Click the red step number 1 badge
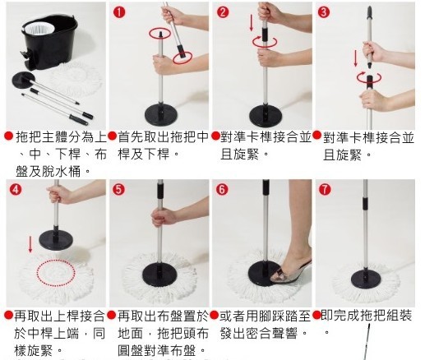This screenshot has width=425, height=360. (119, 12)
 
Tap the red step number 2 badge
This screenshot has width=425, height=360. (223, 12)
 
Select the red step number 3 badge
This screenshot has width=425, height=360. (323, 12)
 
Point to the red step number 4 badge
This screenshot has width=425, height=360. (16, 189)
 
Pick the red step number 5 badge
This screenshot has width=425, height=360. (118, 189)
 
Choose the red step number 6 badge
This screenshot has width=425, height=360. (222, 189)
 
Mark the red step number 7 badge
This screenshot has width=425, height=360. (325, 189)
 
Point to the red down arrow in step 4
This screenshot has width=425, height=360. (30, 244)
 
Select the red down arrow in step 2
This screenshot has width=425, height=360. (252, 23)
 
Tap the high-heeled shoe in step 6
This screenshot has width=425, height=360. (290, 272)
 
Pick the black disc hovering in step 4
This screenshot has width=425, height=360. (56, 240)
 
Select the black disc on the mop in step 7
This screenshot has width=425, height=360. (365, 279)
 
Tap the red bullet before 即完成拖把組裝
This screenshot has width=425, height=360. (317, 315)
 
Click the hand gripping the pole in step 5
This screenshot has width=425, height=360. (164, 216)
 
